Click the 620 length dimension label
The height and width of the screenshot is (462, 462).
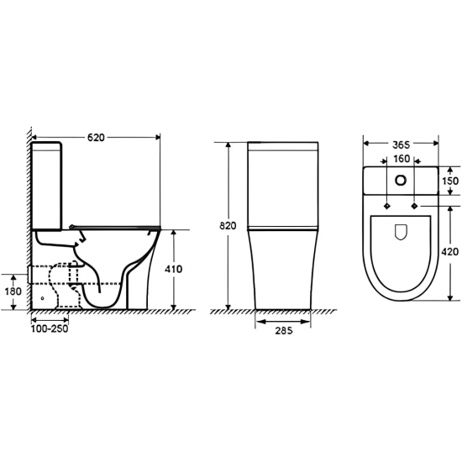[x=96, y=137]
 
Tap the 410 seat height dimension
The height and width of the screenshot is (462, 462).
[x=173, y=269]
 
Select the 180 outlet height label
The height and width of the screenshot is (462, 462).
[x=13, y=291]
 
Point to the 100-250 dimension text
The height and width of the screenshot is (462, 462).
[x=50, y=329]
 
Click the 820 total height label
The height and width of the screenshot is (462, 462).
[x=228, y=226]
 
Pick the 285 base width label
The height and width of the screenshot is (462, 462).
[x=284, y=331]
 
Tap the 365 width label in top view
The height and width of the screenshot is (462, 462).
[x=402, y=144]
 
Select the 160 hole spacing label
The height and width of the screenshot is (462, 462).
[x=402, y=159]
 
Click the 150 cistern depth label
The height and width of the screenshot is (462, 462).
[x=450, y=181]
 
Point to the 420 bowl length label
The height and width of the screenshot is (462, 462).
[x=450, y=252]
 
